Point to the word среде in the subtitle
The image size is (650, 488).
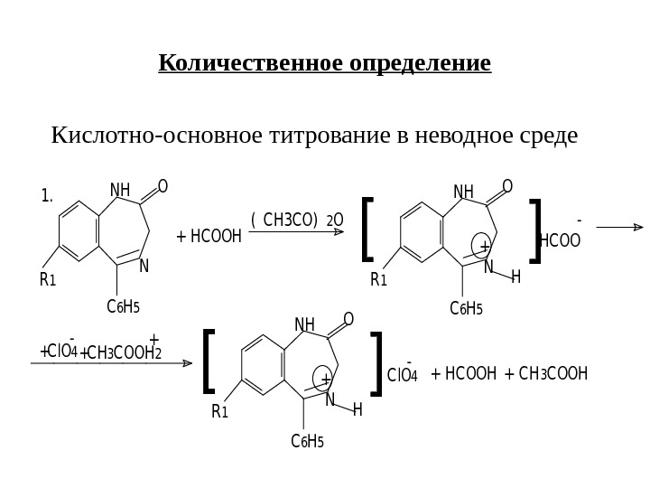(x=543, y=136)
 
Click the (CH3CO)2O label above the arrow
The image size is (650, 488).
(x=297, y=219)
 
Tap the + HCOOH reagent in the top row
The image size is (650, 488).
(x=209, y=237)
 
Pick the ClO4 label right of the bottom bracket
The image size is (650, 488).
(x=402, y=375)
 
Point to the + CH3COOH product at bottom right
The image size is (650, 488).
(x=547, y=373)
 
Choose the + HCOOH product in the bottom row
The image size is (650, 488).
(x=464, y=373)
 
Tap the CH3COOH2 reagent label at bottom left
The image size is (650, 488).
(x=122, y=352)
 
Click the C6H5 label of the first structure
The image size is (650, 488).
(x=123, y=307)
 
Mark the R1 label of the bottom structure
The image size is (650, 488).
(x=220, y=412)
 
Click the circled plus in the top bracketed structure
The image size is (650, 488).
(x=485, y=247)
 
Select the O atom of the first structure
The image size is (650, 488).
(x=162, y=187)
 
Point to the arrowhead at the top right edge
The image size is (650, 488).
(x=638, y=229)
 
